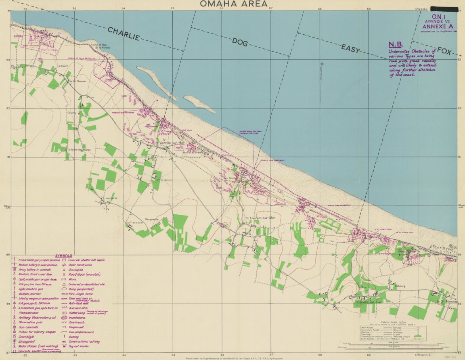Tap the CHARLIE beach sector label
point(124,34)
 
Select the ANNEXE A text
point(437,27)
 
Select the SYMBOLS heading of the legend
point(64,255)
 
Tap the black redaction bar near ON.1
point(444,8)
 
